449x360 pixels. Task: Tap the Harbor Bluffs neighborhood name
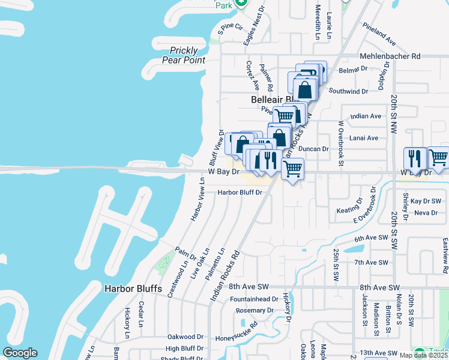[133, 289]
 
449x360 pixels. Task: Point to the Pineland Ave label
[379, 34]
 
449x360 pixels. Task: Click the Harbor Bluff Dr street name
[240, 193]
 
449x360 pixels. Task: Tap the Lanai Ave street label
[364, 138]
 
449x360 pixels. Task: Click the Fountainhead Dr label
[254, 299]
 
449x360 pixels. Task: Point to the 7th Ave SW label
[372, 263]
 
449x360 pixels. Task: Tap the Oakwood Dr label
[185, 337]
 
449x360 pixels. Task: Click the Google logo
[20, 353]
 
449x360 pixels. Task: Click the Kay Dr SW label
[426, 201]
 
